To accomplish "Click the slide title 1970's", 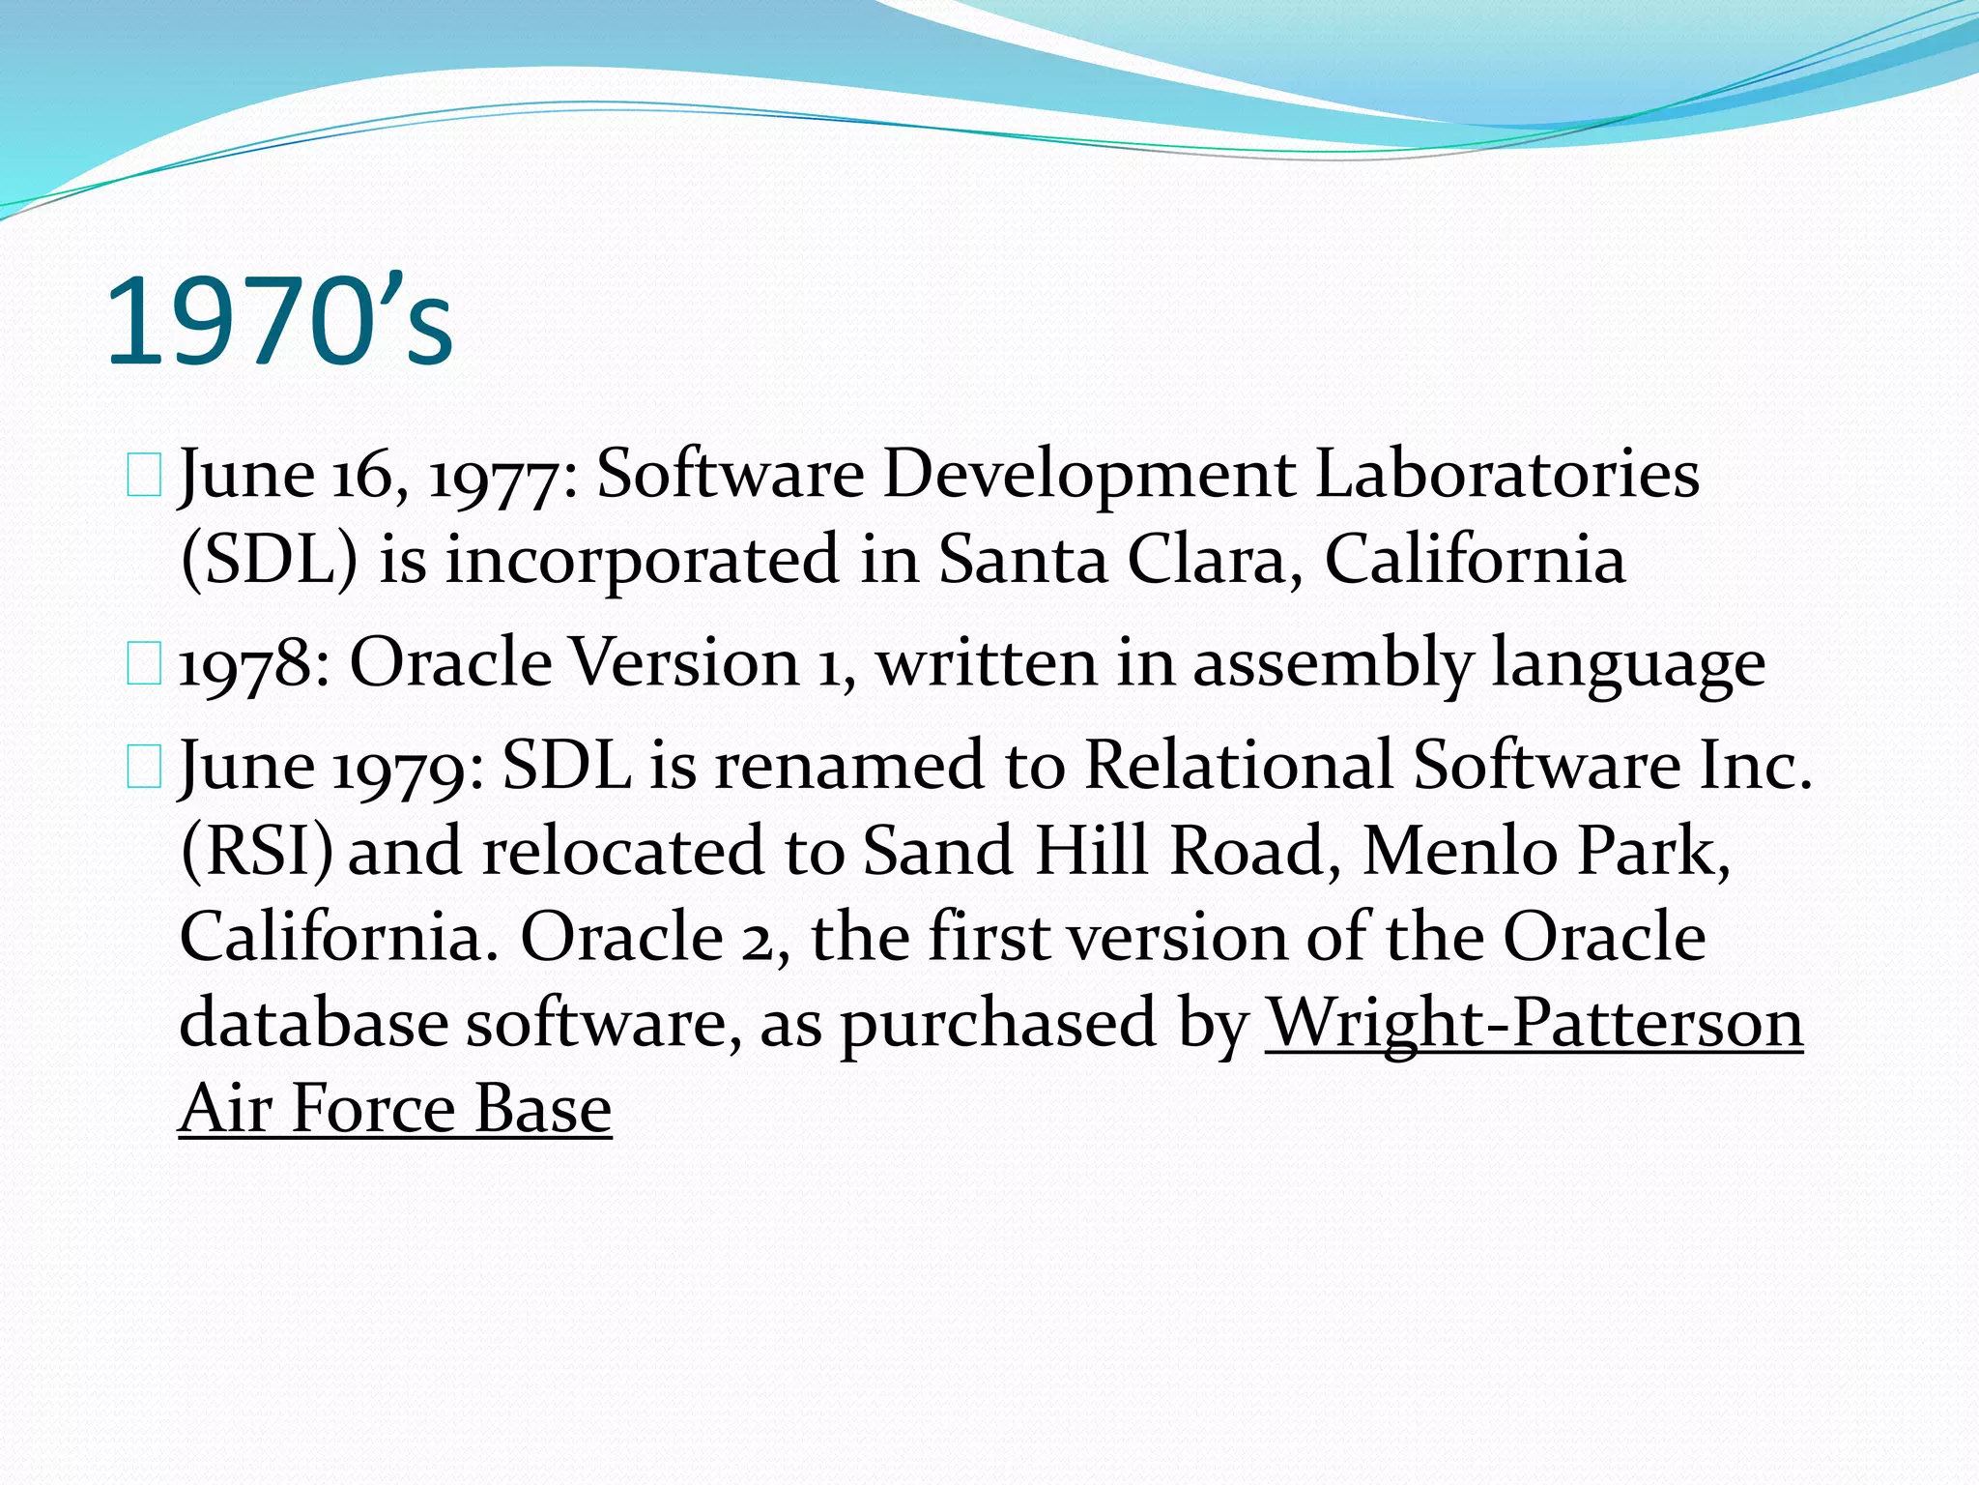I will [x=278, y=321].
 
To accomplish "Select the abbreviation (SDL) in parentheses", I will [x=270, y=560].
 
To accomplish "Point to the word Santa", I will [x=1022, y=560].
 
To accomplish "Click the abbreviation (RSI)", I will [x=256, y=852].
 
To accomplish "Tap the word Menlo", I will [x=1458, y=852].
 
